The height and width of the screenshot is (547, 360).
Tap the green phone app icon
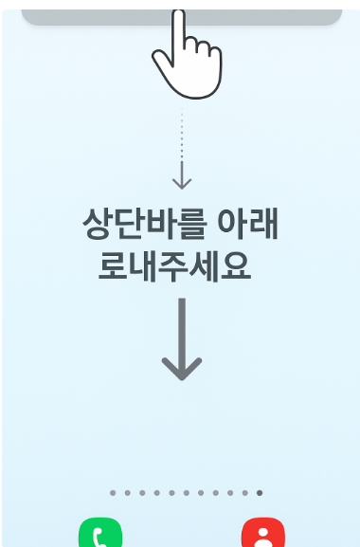point(100,534)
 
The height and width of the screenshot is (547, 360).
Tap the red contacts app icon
point(262,534)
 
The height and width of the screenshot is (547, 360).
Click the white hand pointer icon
point(187,58)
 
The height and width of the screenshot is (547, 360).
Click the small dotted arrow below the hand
point(182,152)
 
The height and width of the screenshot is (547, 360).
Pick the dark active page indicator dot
point(260,493)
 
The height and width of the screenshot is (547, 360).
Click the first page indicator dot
point(112,493)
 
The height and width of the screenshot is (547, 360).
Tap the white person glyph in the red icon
point(262,538)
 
